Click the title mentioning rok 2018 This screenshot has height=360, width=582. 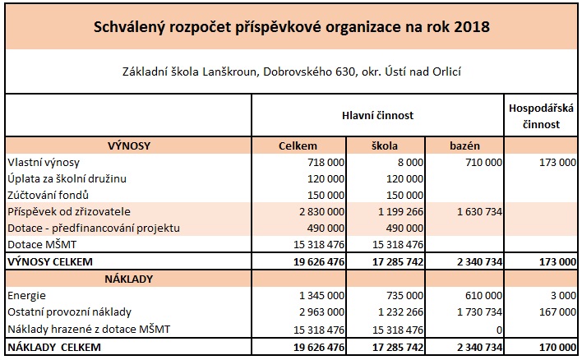click(x=290, y=27)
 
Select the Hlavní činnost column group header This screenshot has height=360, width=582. click(x=377, y=116)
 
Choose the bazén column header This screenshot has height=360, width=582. click(x=464, y=146)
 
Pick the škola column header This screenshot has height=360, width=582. click(x=384, y=146)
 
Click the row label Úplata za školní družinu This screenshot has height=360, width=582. click(x=67, y=178)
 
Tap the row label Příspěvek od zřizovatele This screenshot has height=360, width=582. click(x=67, y=211)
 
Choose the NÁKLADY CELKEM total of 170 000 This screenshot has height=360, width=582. click(x=557, y=347)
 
